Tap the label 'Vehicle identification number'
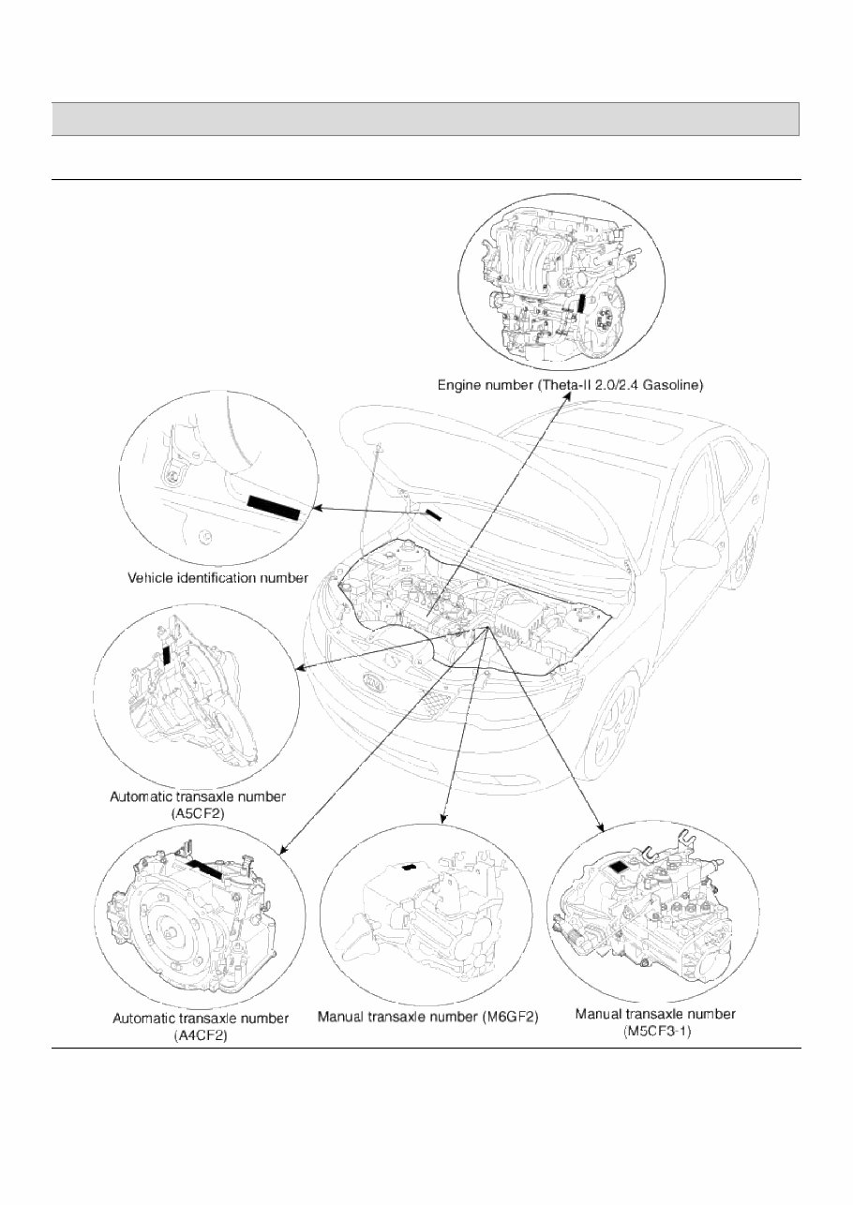[x=217, y=578]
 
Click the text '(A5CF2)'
[x=198, y=814]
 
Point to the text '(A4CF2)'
[x=200, y=1034]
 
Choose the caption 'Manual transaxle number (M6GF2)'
[x=428, y=1017]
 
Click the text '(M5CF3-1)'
[x=654, y=1031]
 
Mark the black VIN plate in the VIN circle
[x=274, y=507]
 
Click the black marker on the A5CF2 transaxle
[x=167, y=653]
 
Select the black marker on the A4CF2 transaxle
[x=205, y=866]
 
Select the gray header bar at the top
[x=426, y=119]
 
